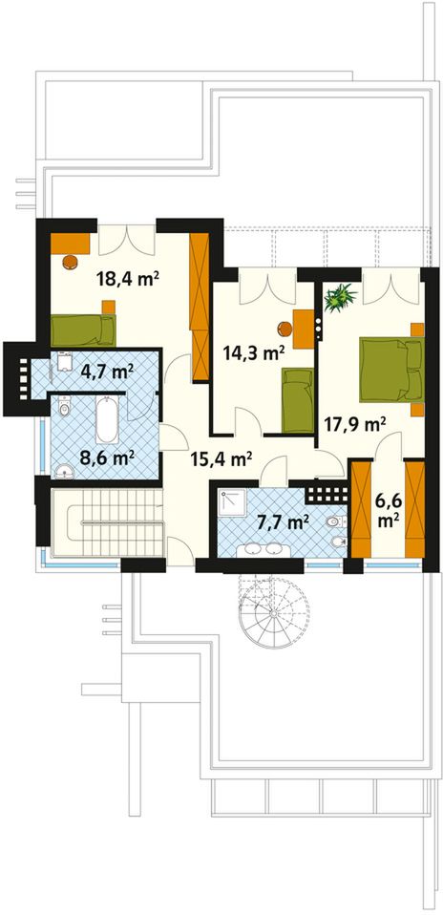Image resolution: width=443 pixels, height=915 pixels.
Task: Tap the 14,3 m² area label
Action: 254,351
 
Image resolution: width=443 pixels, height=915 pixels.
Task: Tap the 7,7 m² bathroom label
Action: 283,521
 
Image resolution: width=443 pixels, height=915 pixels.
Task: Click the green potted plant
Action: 341,296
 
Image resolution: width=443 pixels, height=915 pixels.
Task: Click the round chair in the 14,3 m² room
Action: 285,330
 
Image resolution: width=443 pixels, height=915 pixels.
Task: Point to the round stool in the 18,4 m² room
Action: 71,261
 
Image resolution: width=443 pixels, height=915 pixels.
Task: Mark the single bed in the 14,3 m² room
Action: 298,400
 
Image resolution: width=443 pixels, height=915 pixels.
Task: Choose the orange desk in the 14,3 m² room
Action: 304,330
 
